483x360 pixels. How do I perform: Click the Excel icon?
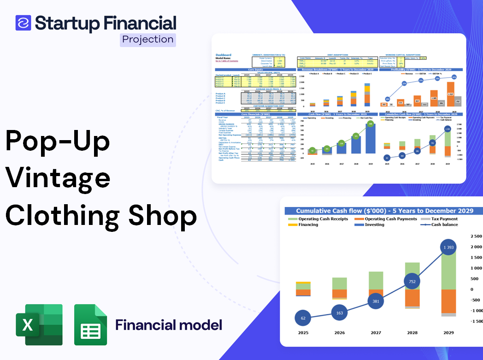tap(39, 325)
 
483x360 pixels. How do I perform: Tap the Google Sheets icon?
tap(91, 325)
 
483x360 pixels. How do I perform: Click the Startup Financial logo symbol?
tap(23, 23)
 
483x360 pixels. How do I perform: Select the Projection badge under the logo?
tap(148, 39)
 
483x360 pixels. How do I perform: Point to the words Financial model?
tap(169, 325)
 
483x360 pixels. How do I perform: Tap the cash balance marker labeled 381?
tap(376, 301)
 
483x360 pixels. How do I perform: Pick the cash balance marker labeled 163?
tap(339, 313)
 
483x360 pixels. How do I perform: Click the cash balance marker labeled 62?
tap(303, 318)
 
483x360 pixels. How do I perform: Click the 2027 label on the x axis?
tap(376, 332)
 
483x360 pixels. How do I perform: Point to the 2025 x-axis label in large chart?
tap(303, 332)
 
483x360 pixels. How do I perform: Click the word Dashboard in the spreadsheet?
tap(224, 55)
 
